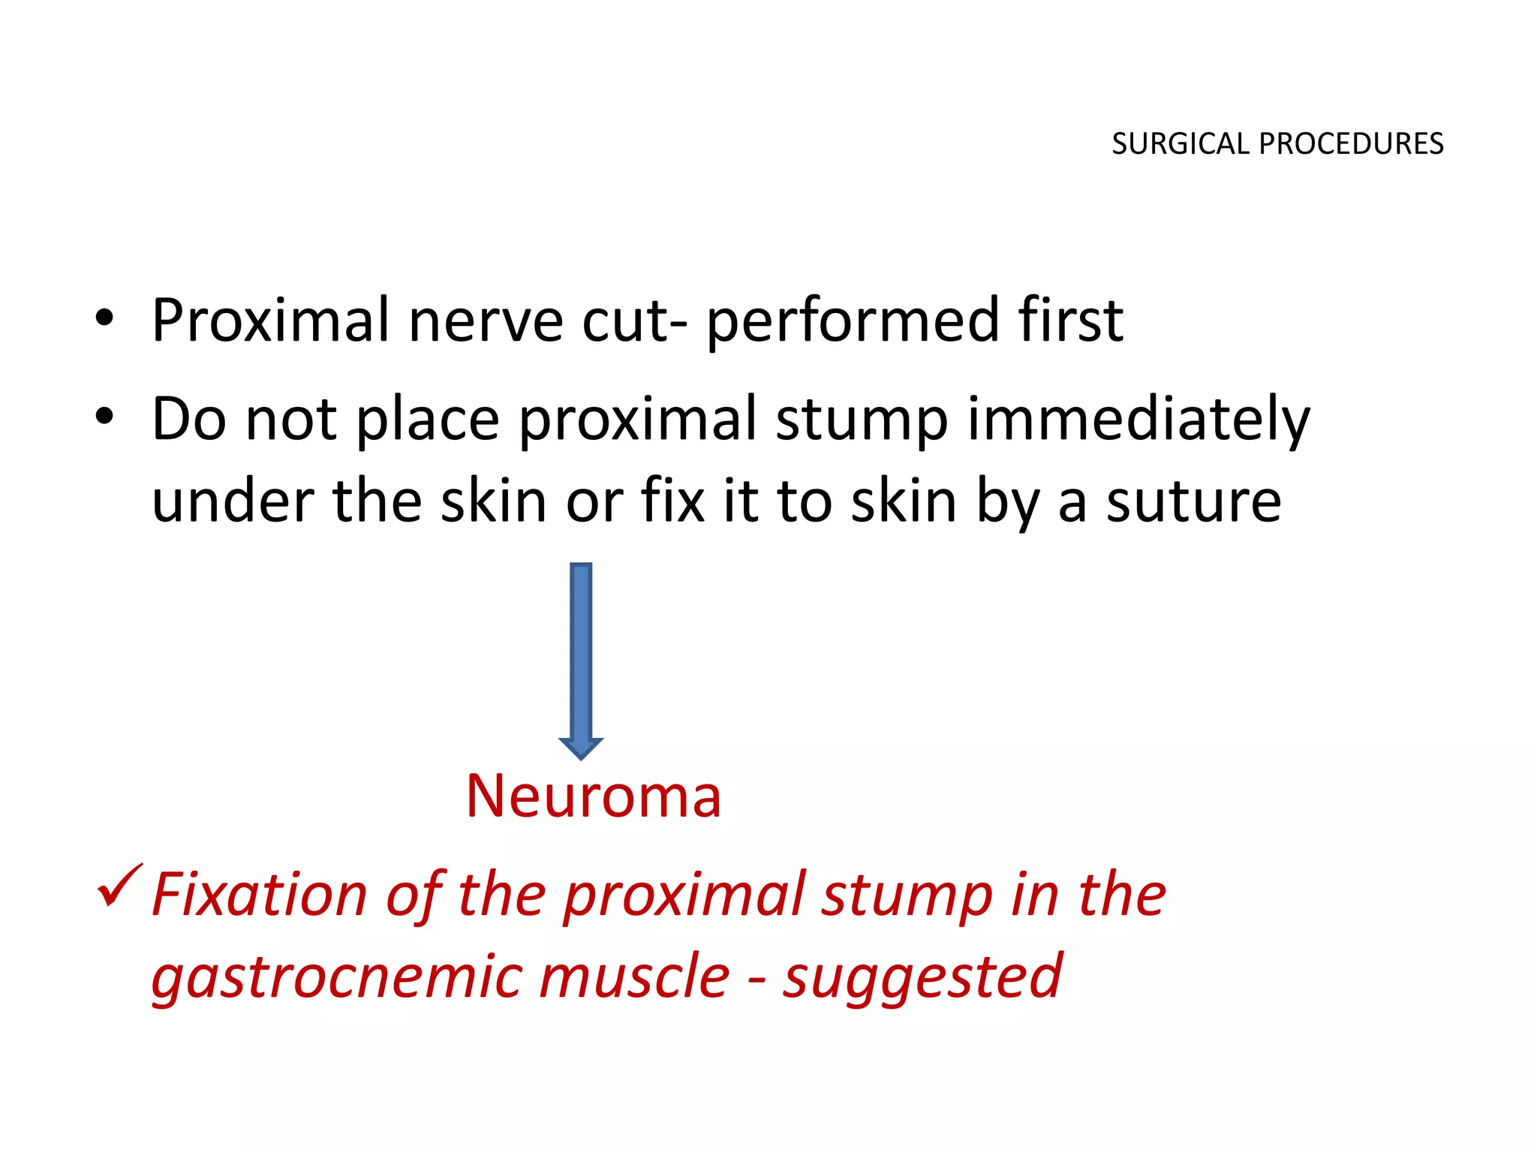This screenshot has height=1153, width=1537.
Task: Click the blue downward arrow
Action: point(581,661)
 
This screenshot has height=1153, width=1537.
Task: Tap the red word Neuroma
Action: point(593,796)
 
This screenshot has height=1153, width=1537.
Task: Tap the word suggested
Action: point(922,977)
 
